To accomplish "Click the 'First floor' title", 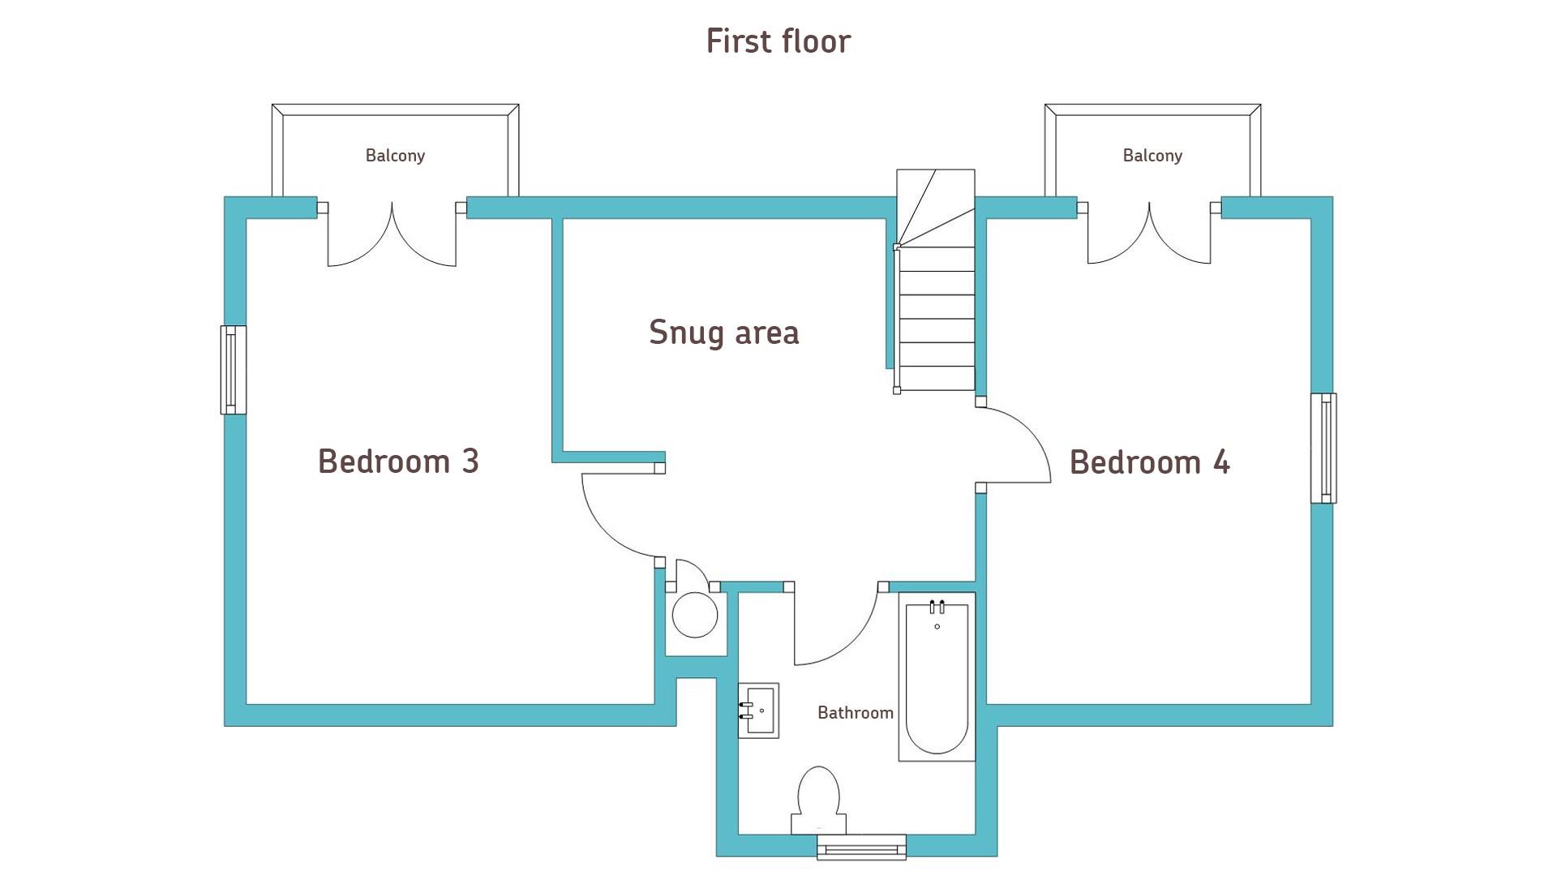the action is tap(778, 41).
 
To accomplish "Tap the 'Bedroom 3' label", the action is tap(398, 461).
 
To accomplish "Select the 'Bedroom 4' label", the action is tap(1149, 462).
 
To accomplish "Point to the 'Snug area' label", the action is tap(724, 333).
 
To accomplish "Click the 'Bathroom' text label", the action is tap(856, 712).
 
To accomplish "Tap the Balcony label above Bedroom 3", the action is tap(395, 155).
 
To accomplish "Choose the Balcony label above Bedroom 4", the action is tap(1152, 155).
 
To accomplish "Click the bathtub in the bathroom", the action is tap(937, 676).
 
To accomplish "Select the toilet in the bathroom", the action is tap(818, 800).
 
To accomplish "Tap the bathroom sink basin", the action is tap(758, 711).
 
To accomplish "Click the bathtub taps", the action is tap(937, 607).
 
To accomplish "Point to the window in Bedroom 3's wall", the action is tap(233, 370).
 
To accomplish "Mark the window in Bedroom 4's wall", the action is tap(1323, 449).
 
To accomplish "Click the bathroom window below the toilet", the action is tap(861, 847).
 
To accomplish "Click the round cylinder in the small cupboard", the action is tap(695, 615).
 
